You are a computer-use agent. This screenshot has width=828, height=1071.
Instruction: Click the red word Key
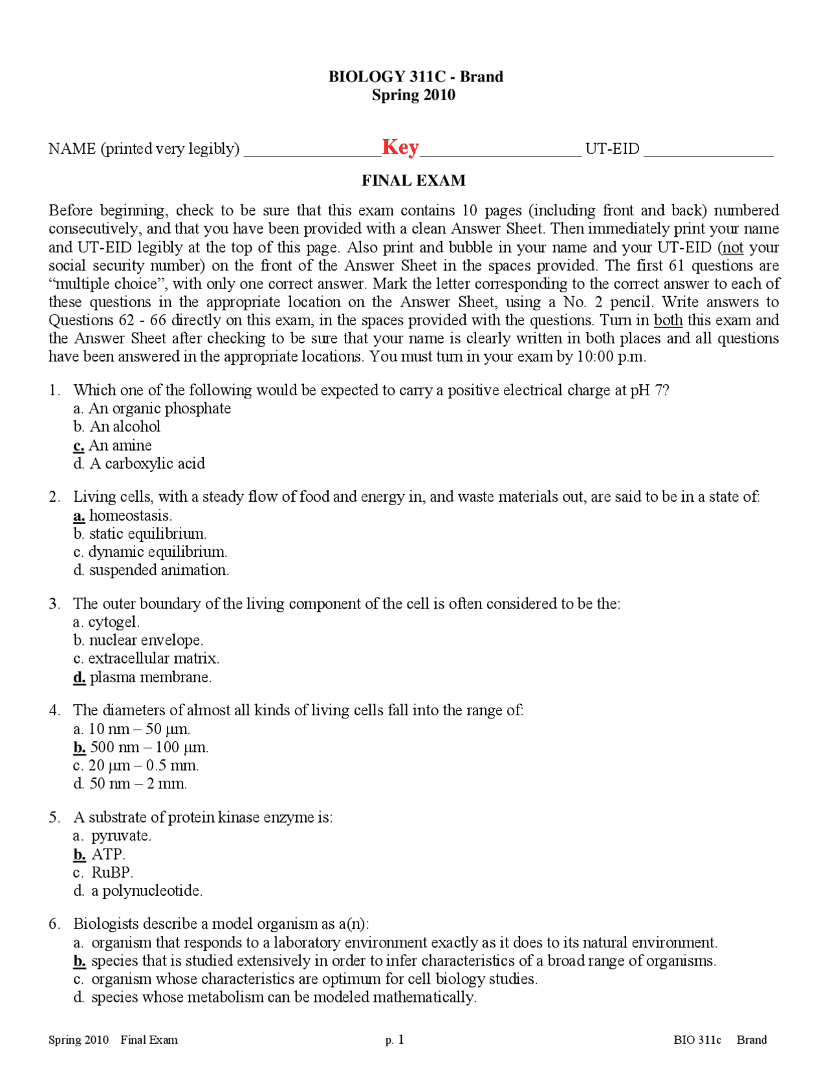[x=400, y=147]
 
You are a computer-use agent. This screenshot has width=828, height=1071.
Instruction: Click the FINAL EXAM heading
[x=413, y=180]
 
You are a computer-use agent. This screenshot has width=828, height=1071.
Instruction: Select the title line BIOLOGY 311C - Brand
[x=415, y=76]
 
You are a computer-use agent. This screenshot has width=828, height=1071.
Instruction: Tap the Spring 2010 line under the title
[x=413, y=95]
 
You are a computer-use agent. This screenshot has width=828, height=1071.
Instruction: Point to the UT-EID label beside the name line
[x=612, y=149]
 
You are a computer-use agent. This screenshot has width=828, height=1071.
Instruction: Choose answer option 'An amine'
[x=120, y=446]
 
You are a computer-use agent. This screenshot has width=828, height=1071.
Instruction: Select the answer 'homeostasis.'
[x=130, y=516]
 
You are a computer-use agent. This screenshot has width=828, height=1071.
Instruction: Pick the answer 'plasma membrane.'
[x=150, y=677]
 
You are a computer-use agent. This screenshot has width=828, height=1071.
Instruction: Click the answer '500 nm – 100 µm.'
[x=149, y=748]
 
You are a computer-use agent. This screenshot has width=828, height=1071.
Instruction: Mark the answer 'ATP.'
[x=108, y=854]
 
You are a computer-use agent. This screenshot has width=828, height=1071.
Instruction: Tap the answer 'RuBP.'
[x=112, y=872]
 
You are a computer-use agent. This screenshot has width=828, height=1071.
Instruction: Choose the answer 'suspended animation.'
[x=158, y=570]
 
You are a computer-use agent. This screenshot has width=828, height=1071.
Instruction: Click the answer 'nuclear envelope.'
[x=146, y=640]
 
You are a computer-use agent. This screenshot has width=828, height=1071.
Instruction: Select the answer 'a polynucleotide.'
[x=146, y=891]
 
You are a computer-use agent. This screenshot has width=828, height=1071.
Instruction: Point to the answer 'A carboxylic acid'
[x=147, y=464]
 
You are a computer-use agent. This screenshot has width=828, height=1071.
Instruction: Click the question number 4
[x=54, y=711]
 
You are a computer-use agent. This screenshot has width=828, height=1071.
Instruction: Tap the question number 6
[x=54, y=924]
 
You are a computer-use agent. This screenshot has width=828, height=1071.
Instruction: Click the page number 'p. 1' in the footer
[x=395, y=1040]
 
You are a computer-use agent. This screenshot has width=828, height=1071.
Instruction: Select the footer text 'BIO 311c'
[x=697, y=1040]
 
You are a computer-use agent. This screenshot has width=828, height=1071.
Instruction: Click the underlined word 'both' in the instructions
[x=668, y=320]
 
